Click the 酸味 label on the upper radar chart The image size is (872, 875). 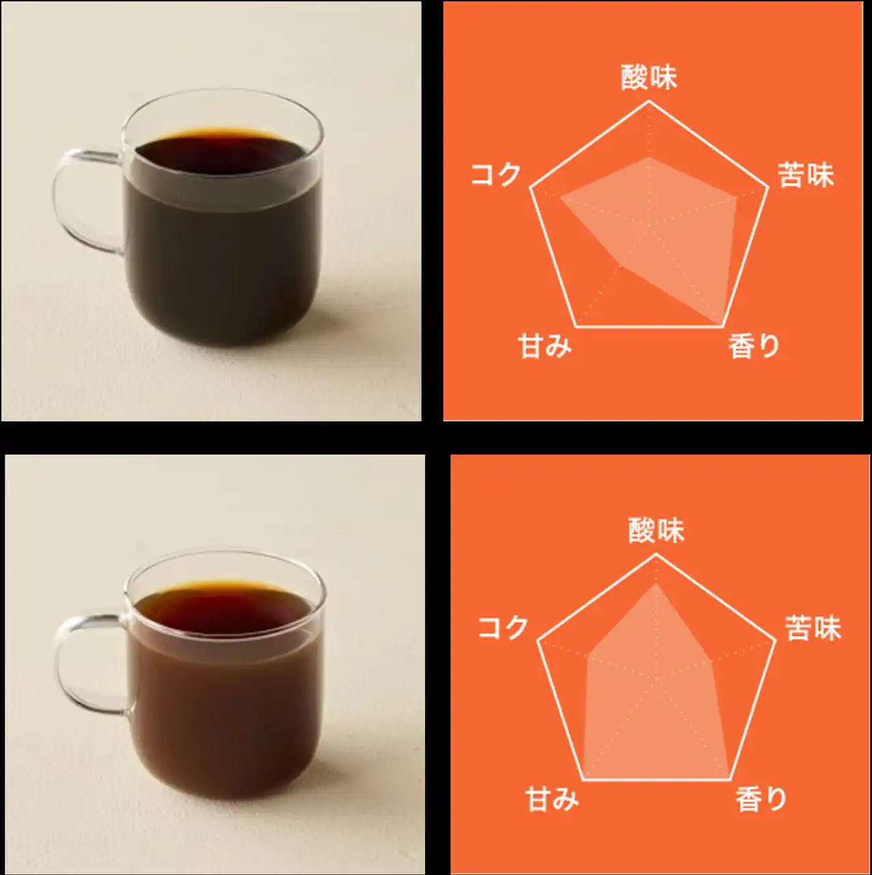pos(649,77)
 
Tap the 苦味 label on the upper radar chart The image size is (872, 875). pos(806,175)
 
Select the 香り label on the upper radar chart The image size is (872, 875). pos(754,346)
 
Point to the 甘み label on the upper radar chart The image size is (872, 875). pos(545,346)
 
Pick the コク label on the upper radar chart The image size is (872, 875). pos(495,174)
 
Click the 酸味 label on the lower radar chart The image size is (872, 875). pos(656,530)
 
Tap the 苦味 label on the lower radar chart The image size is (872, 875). pos(813,628)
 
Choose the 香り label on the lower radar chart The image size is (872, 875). pos(761,799)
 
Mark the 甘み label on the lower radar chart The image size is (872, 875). pos(552,799)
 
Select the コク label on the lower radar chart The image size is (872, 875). pos(502,627)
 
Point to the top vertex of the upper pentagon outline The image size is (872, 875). pos(649,101)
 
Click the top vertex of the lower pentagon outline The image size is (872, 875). pos(656,554)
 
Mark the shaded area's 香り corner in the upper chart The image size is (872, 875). pos(722,324)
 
